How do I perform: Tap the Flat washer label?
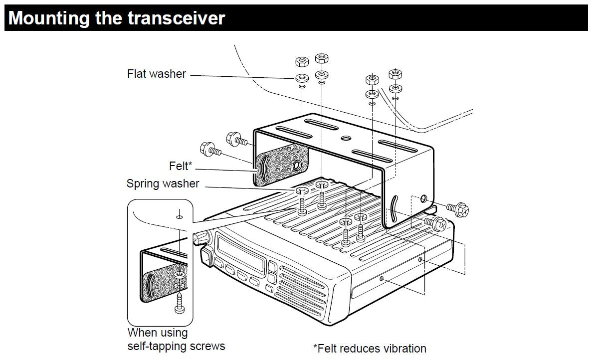coord(157,74)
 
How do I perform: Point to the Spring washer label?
coord(163,183)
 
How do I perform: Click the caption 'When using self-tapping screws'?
coord(176,339)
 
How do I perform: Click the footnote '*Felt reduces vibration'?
coord(370,349)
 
